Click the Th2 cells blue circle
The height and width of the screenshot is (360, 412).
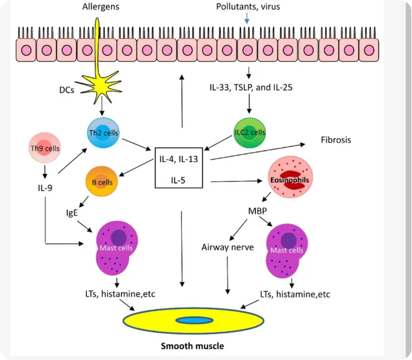(x=103, y=133)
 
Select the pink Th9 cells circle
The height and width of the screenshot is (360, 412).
(x=45, y=148)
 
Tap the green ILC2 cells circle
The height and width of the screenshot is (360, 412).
(x=249, y=133)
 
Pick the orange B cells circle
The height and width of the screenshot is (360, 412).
(x=101, y=182)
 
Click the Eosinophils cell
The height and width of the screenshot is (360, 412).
(x=290, y=177)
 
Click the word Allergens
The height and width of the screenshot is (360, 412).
(x=101, y=7)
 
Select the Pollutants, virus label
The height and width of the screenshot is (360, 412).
(x=248, y=7)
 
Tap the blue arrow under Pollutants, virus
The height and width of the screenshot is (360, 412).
(x=247, y=18)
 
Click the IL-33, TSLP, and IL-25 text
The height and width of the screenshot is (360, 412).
(x=251, y=87)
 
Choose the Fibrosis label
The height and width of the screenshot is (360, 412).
(x=336, y=140)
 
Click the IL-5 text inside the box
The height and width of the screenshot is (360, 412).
(x=178, y=181)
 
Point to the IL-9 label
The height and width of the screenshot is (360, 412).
(x=45, y=188)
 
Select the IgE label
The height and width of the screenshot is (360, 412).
(x=72, y=212)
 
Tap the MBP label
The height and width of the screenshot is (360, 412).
(x=257, y=211)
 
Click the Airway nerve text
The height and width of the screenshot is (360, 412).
(x=228, y=247)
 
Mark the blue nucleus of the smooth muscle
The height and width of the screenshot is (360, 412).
(x=194, y=320)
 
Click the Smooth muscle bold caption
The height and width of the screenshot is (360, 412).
(x=192, y=346)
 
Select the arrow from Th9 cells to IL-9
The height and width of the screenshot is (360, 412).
(x=45, y=172)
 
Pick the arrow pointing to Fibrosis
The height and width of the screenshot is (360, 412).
(x=258, y=152)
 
